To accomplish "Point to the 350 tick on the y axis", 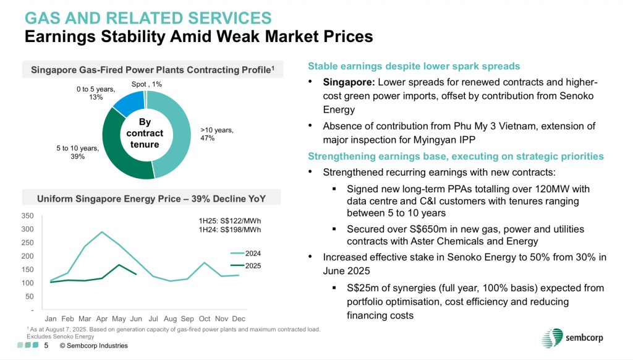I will tap(27, 216).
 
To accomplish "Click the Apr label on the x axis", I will tap(102, 319).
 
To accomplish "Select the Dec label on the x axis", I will tap(239, 319).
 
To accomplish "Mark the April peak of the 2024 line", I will tap(102, 232).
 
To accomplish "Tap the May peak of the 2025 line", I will tap(119, 265).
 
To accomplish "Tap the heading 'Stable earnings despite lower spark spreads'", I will tap(414, 66).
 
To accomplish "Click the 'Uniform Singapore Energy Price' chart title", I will tap(151, 198).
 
